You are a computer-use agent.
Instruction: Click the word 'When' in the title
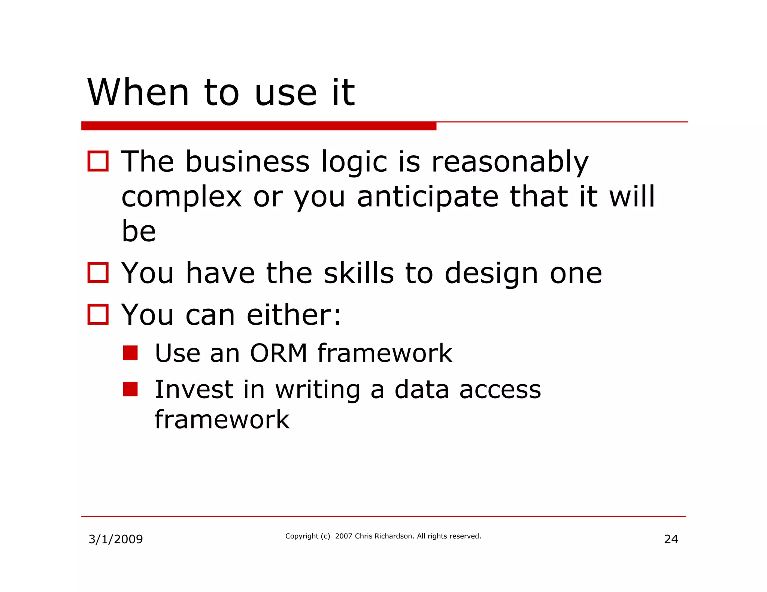(138, 92)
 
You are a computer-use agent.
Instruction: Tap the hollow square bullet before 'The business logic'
(98, 161)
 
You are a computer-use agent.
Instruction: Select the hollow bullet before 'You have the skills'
(98, 272)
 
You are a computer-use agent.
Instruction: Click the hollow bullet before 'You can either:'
(98, 314)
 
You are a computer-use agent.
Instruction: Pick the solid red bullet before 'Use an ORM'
(130, 353)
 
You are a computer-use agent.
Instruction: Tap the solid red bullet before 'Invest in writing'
(130, 389)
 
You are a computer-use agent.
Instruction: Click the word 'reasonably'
(510, 162)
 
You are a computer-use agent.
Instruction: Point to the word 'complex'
(182, 197)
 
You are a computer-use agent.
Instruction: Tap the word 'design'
(491, 274)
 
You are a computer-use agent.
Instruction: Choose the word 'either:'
(294, 315)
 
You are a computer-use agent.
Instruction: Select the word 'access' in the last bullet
(500, 390)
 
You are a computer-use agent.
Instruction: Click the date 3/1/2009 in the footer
(115, 539)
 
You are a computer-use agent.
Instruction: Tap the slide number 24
(671, 539)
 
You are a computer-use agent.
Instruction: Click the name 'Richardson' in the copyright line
(394, 536)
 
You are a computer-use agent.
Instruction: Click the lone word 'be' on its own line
(139, 231)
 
